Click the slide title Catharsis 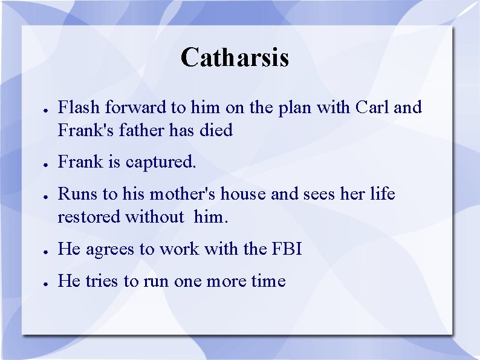[235, 57]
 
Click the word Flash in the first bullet [79, 108]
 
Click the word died [216, 130]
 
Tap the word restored [89, 217]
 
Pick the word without [154, 217]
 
